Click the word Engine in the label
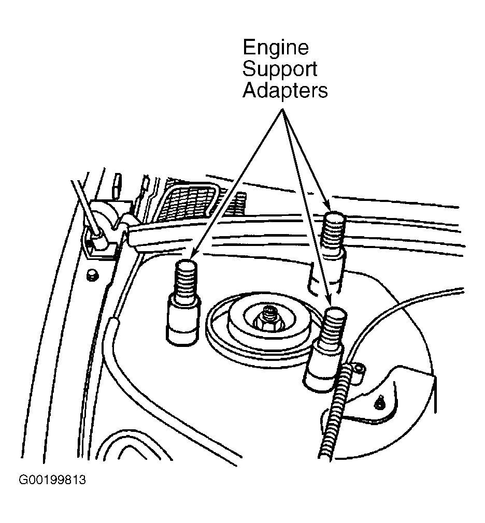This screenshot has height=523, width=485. tap(275, 48)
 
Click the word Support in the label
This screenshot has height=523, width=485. tap(279, 69)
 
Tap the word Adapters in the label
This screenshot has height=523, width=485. tap(285, 91)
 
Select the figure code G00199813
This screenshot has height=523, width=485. tap(52, 480)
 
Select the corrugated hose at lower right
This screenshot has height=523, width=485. tap(335, 414)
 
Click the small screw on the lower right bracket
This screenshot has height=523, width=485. tap(379, 404)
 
